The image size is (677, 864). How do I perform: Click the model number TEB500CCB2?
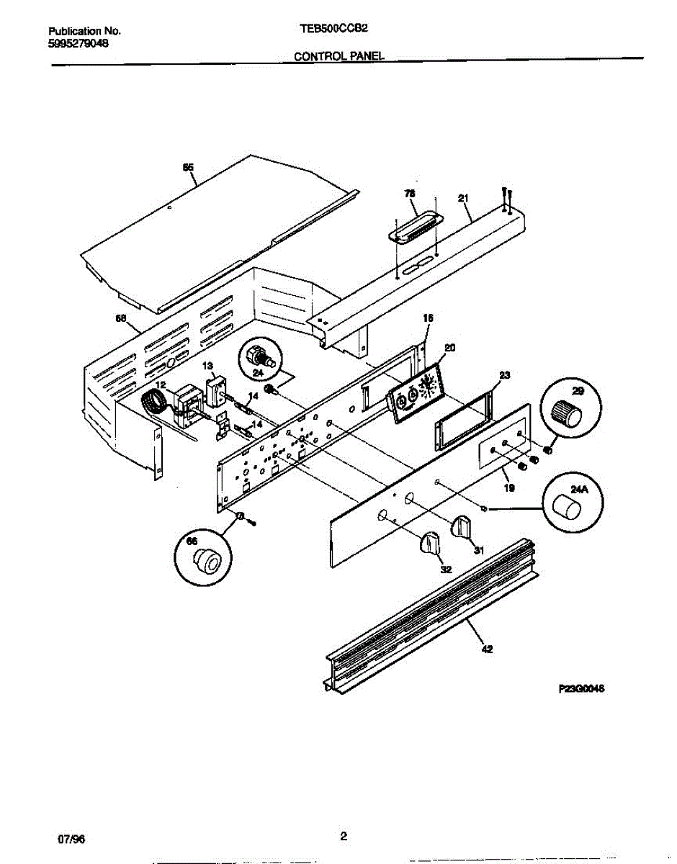click(329, 31)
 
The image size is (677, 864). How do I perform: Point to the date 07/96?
click(67, 838)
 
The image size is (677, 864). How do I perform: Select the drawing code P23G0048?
click(580, 688)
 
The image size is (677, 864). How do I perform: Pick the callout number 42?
click(487, 648)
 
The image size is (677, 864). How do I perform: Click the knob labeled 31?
click(461, 527)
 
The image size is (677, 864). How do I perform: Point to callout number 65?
click(188, 168)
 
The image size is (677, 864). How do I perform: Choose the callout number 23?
click(504, 374)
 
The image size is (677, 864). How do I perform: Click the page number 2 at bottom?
click(344, 836)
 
